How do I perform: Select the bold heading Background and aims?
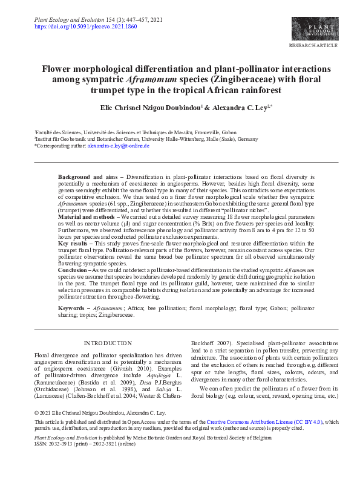pos(88,176)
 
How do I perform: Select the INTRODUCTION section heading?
pos(107,343)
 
